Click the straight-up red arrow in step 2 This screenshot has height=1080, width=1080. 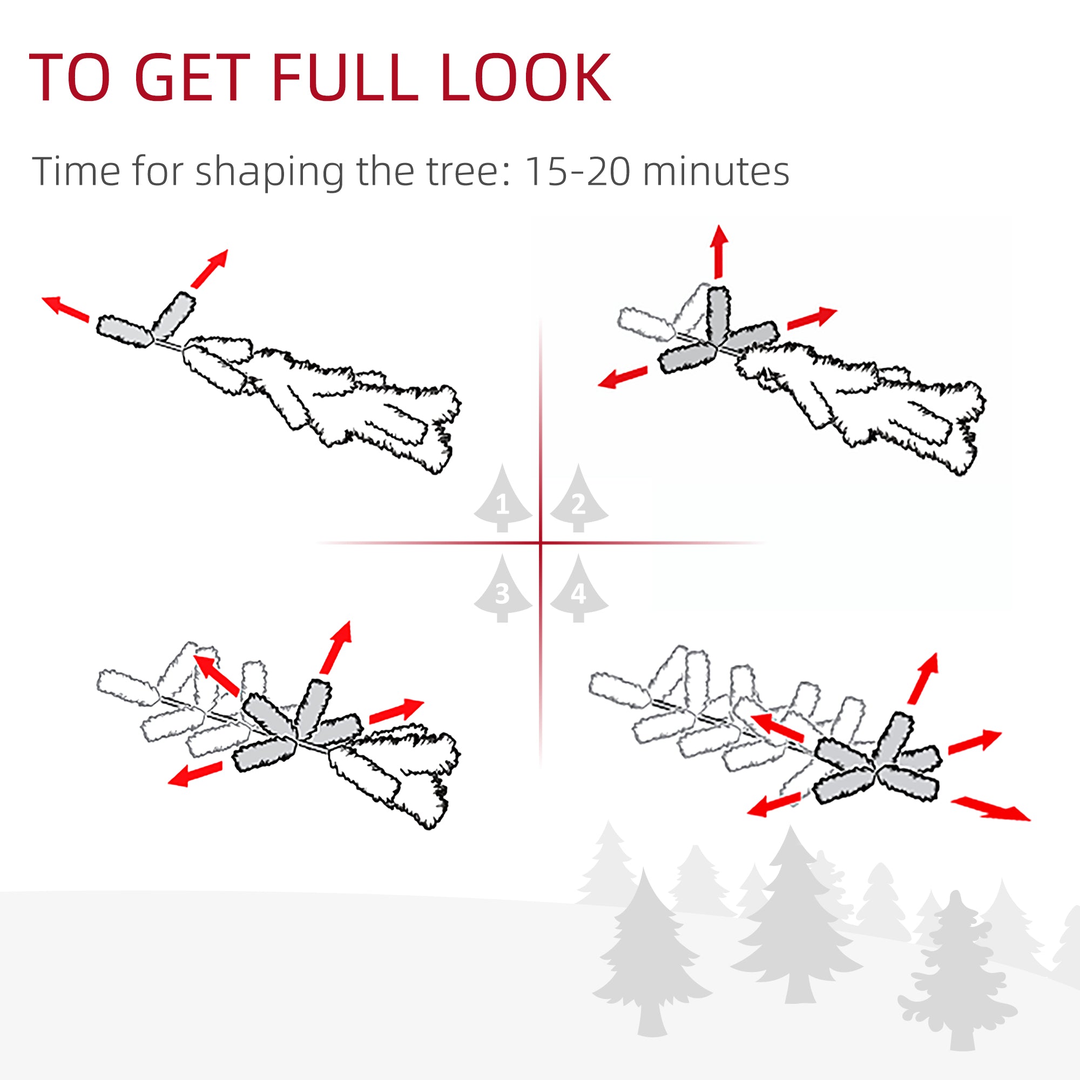point(719,251)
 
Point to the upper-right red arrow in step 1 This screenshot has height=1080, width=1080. point(210,268)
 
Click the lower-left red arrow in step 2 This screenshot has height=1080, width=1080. point(623,377)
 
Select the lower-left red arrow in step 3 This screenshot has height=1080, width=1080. point(195,774)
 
